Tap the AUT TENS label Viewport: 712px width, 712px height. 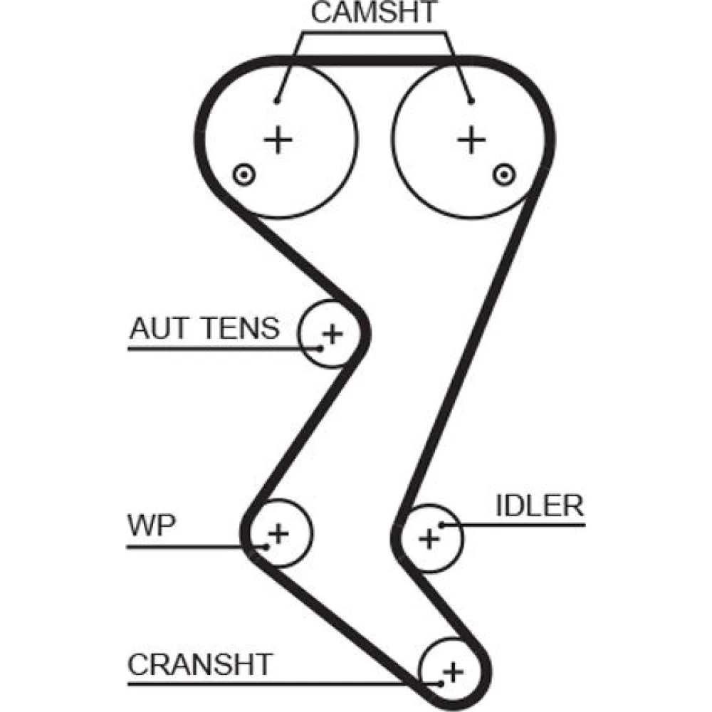point(204,329)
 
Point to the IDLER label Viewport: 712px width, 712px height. point(540,506)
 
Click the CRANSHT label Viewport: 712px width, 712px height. point(199,664)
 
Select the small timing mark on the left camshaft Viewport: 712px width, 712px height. point(244,173)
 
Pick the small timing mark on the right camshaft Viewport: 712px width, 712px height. point(504,172)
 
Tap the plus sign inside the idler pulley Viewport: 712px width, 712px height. point(429,538)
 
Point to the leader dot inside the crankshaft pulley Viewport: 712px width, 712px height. point(441,684)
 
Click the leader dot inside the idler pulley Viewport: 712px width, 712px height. point(442,525)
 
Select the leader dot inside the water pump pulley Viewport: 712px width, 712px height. point(266,546)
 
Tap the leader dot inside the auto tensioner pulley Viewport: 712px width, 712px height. point(321,348)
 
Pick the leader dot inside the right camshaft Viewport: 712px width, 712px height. point(471,100)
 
